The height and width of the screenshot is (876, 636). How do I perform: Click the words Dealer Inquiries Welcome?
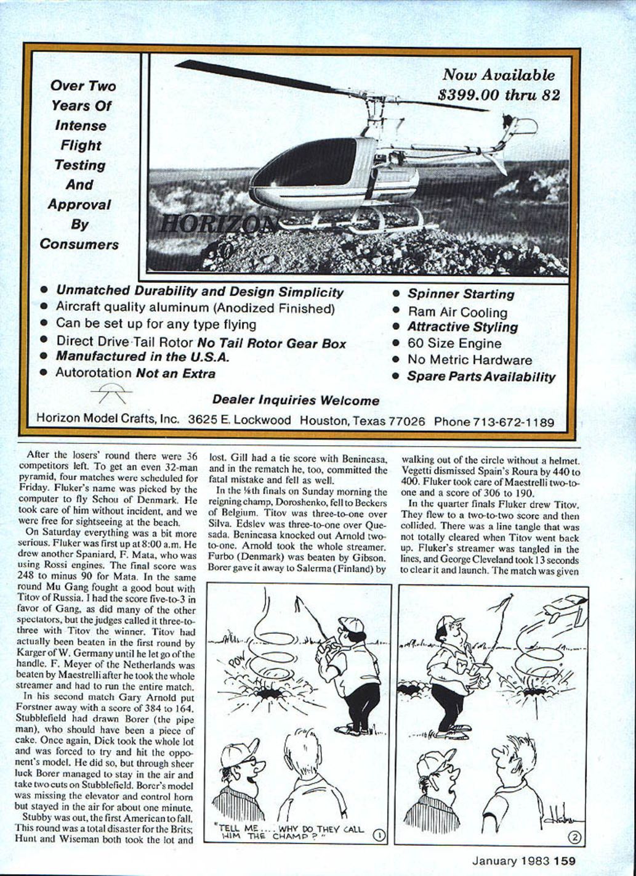coord(296,400)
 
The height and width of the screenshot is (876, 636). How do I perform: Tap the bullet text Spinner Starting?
coord(461,295)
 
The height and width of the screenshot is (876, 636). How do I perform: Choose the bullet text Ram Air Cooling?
coord(457,312)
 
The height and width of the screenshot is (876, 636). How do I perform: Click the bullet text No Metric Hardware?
coord(469,360)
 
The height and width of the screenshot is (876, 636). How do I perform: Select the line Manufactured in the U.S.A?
coord(143,356)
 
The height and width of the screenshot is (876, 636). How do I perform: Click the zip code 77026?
coord(406,422)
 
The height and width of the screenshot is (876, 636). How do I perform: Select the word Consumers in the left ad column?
coord(79,244)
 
